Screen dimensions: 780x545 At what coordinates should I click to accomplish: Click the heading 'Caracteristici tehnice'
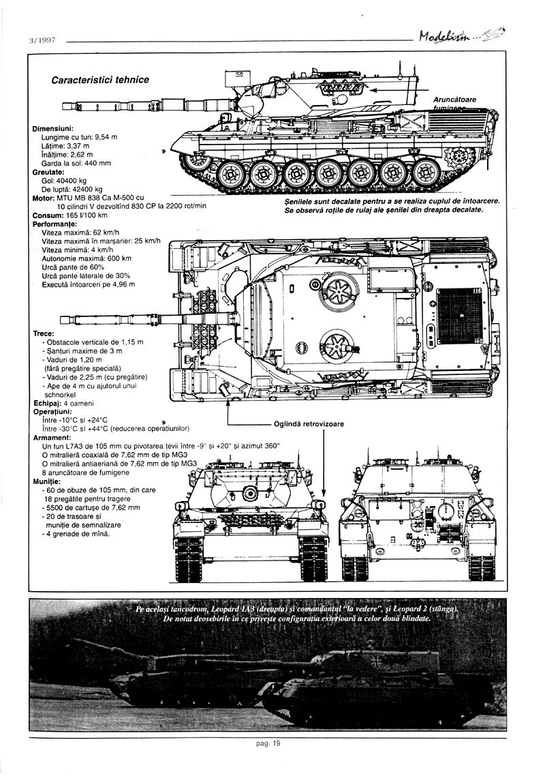[100, 80]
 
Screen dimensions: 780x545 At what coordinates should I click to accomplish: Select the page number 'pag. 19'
[268, 745]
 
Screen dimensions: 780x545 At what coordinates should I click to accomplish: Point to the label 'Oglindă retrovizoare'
[309, 423]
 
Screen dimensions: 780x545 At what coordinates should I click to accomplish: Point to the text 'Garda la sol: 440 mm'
[76, 163]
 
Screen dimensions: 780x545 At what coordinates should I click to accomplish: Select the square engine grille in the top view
[458, 316]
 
